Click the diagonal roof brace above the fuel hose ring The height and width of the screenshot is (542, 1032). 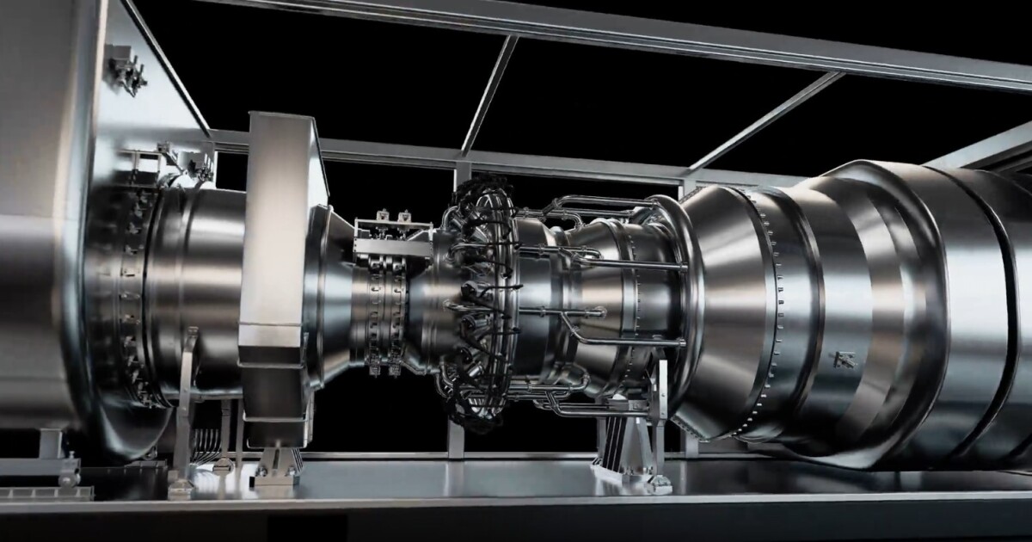pyautogui.click(x=490, y=95)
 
